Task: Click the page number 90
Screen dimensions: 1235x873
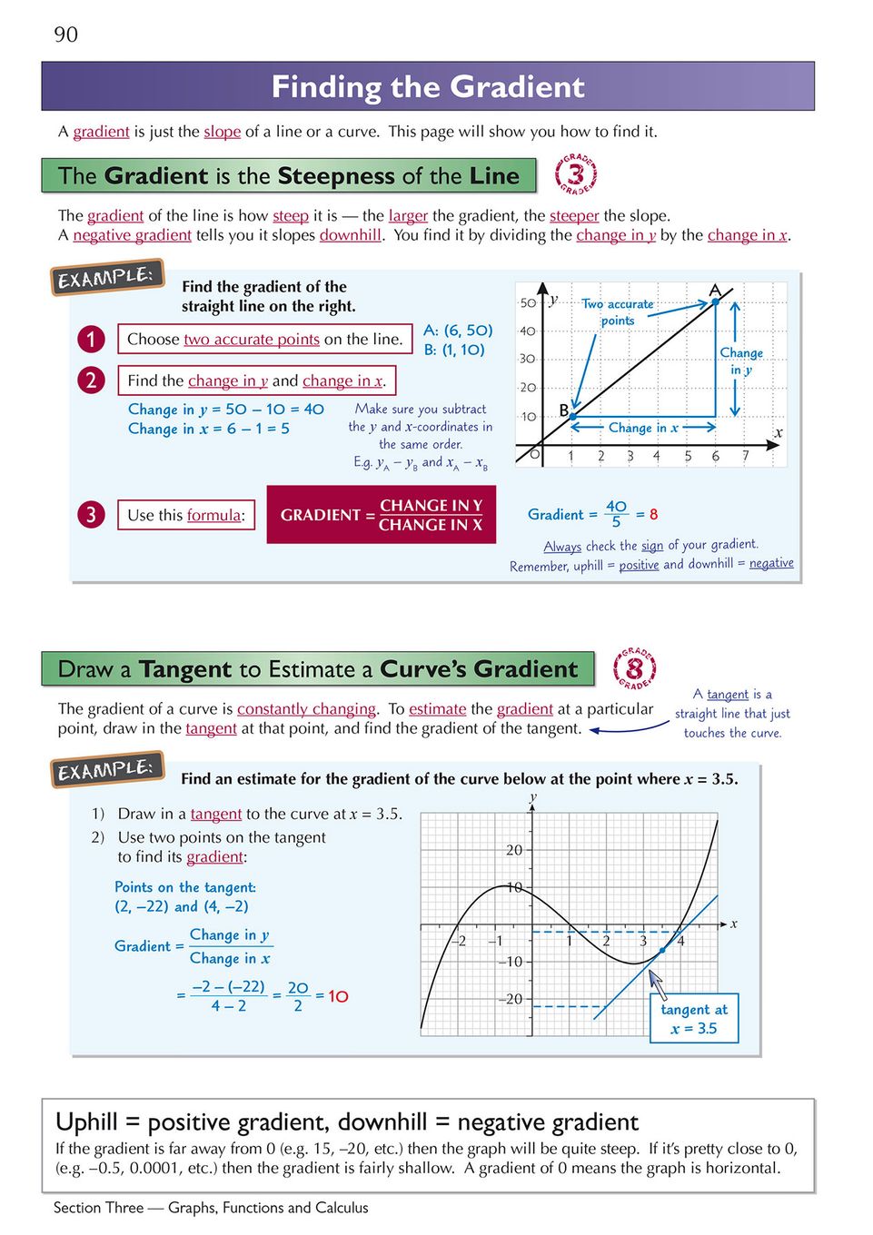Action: tap(66, 35)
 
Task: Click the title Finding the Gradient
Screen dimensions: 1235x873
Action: tap(428, 87)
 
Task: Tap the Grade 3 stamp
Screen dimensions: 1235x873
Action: tap(576, 173)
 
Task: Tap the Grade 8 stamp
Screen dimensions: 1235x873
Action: tap(634, 670)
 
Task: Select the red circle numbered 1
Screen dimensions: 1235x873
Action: tap(91, 339)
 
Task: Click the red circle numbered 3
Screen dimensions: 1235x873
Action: tap(91, 515)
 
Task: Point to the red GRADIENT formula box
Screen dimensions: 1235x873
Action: tap(382, 515)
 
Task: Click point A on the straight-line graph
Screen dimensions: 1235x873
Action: tap(716, 300)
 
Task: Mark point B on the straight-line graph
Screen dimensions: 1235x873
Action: tap(571, 416)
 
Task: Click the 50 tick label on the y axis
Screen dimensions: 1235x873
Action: tap(528, 303)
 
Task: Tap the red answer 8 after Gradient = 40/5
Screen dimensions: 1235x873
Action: tap(653, 515)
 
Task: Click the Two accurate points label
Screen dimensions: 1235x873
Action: tap(618, 312)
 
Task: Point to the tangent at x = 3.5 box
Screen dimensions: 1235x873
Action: tap(694, 1019)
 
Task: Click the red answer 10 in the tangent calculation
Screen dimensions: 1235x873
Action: tap(338, 996)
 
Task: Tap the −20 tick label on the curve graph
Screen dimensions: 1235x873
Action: tap(511, 999)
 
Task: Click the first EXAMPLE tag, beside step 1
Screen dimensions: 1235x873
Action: tap(106, 277)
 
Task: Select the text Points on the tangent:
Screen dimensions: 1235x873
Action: tap(185, 887)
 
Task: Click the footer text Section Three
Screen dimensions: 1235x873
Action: tap(98, 1208)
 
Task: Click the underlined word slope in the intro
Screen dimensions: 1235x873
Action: tap(223, 132)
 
